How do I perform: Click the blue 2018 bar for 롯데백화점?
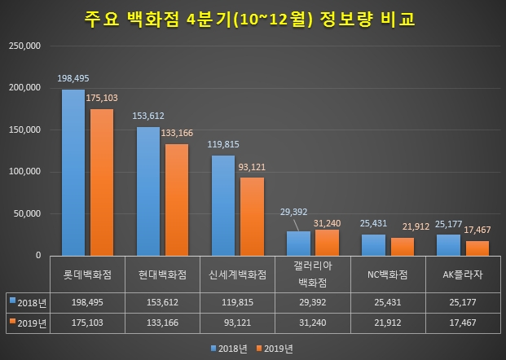pyautogui.click(x=73, y=173)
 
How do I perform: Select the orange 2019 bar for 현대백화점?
pyautogui.click(x=176, y=200)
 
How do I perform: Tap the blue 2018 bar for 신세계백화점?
pyautogui.click(x=222, y=205)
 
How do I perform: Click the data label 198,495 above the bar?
pyautogui.click(x=73, y=79)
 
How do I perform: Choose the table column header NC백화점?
pyautogui.click(x=385, y=274)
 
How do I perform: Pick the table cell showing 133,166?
pyautogui.click(x=161, y=323)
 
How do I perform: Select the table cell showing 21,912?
pyautogui.click(x=385, y=323)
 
